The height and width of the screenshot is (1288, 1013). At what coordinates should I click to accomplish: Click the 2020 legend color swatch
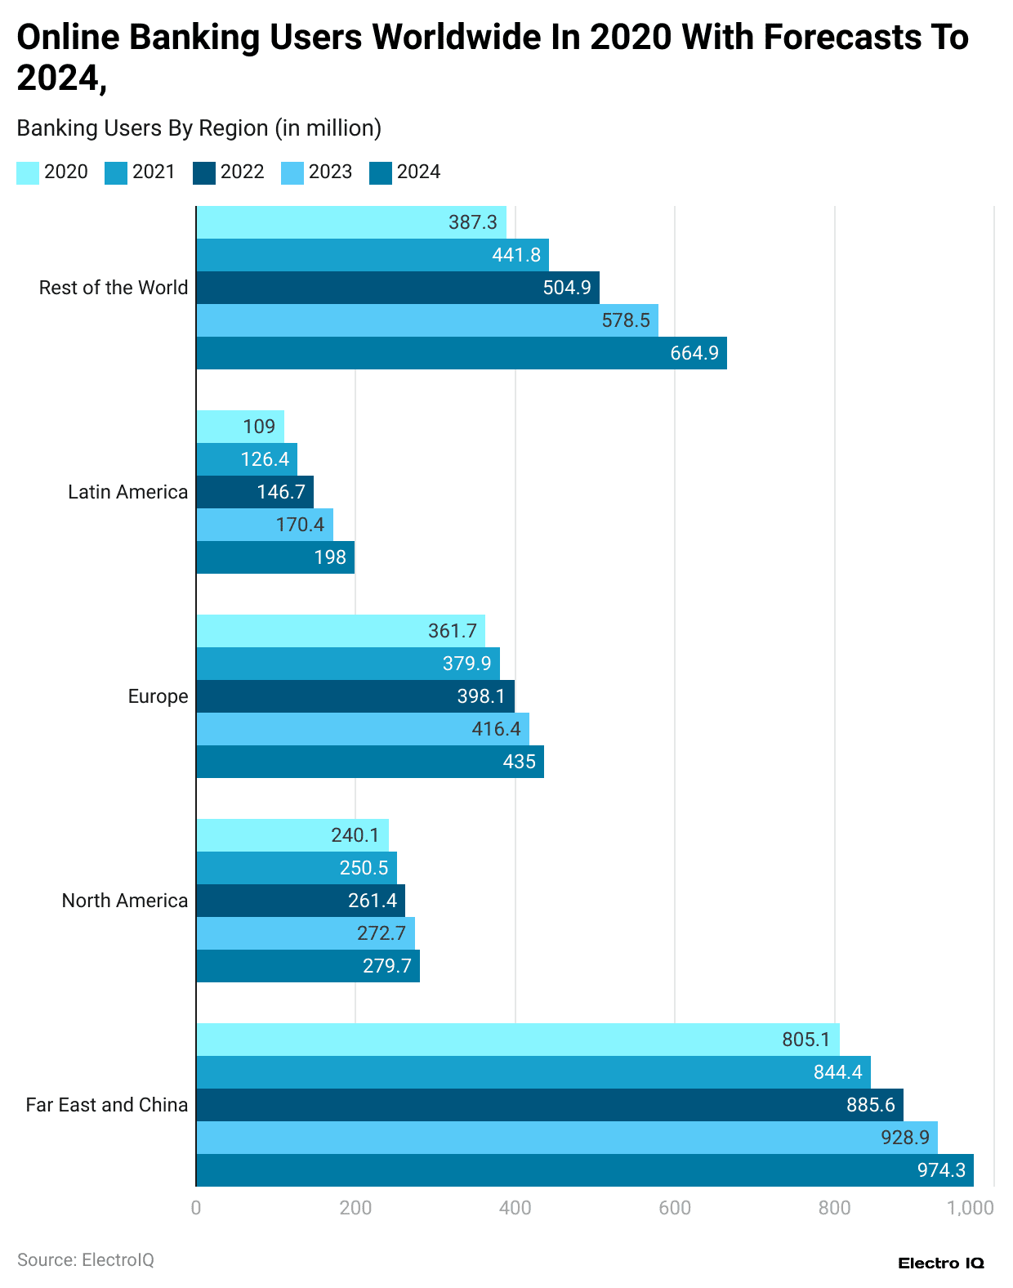tap(28, 172)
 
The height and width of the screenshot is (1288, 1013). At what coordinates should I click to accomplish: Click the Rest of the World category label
tap(114, 288)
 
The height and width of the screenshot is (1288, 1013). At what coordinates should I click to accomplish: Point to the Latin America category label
tap(127, 492)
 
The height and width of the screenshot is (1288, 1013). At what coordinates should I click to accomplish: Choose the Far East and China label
tap(107, 1105)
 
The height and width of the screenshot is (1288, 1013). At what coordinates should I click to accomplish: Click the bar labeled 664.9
tap(462, 353)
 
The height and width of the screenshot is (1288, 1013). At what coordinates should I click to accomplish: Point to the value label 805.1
tap(805, 1040)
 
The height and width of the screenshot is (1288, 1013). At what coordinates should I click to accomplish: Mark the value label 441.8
tap(516, 255)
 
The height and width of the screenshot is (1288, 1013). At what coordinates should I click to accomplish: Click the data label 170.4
tap(300, 525)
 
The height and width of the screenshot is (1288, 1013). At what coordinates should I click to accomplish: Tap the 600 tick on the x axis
tap(675, 1208)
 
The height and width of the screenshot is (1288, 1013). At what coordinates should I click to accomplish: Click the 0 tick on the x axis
tap(196, 1208)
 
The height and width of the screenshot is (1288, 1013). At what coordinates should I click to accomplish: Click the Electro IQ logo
tap(941, 1263)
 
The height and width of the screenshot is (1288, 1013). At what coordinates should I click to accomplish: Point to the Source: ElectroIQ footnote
tap(86, 1260)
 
